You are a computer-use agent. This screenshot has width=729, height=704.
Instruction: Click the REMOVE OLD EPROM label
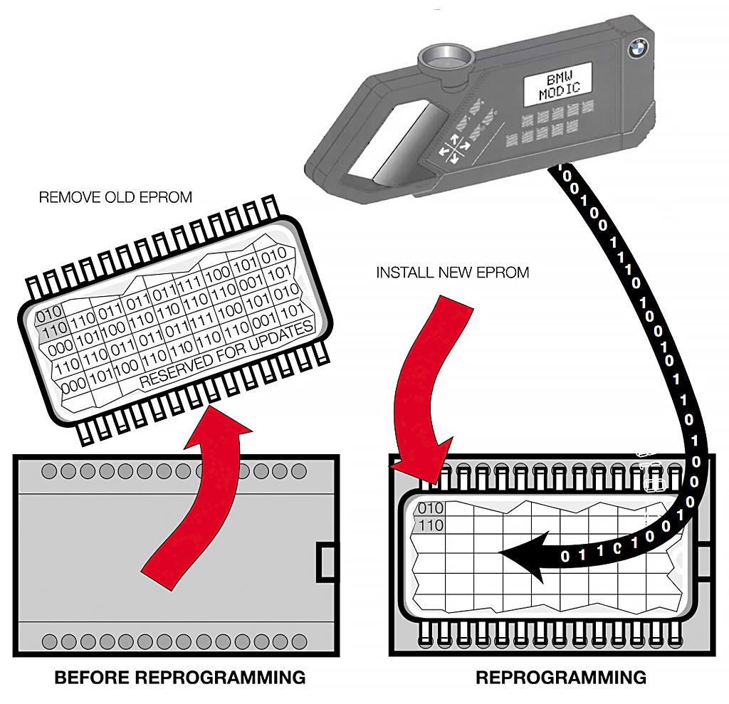pyautogui.click(x=115, y=196)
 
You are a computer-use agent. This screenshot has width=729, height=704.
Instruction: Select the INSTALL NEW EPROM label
pyautogui.click(x=453, y=272)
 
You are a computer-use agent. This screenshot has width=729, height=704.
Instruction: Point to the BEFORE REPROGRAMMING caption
pyautogui.click(x=180, y=677)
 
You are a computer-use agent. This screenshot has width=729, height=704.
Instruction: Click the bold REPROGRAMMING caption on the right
pyautogui.click(x=561, y=677)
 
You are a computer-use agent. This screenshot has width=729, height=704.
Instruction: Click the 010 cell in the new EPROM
pyautogui.click(x=430, y=508)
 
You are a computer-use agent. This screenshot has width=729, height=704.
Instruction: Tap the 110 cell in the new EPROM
pyautogui.click(x=430, y=526)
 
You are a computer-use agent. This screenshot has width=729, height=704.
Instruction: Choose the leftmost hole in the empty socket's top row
pyautogui.click(x=50, y=471)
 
